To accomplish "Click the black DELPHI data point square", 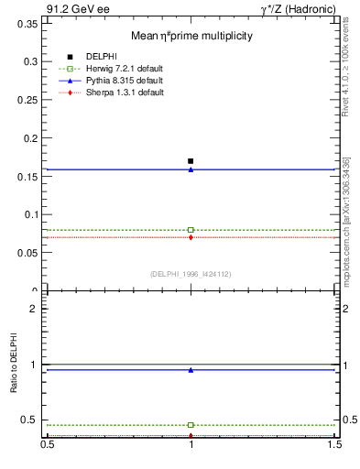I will coord(191,161).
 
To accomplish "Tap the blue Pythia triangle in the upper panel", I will coord(191,169).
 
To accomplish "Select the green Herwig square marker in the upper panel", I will coord(191,230).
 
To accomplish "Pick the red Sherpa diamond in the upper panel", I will coord(191,237).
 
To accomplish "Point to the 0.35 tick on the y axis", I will coord(29,24).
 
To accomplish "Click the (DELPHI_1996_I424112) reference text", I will coord(190,274).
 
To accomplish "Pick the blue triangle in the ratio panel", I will coord(191,370).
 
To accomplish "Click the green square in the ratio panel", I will coord(191,425).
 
